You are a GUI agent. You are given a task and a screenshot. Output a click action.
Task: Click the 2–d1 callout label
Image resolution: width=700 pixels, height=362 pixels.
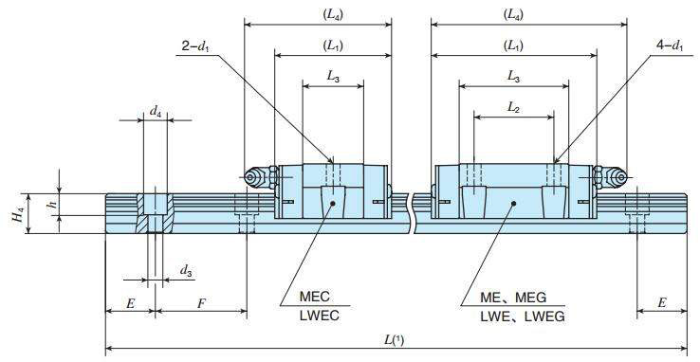(195, 46)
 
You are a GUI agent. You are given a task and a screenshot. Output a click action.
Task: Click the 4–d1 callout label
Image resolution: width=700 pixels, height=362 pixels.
(670, 45)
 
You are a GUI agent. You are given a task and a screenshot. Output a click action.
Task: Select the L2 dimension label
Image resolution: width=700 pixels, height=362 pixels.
(514, 107)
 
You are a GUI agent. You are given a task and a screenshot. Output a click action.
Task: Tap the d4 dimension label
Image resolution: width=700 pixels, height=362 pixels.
(156, 112)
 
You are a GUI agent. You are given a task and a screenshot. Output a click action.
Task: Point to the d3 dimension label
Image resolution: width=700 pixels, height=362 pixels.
(186, 271)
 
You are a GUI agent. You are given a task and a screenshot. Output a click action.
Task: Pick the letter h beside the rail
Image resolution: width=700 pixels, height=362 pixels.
(53, 205)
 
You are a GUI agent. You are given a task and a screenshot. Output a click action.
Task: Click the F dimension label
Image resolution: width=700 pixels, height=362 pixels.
(202, 303)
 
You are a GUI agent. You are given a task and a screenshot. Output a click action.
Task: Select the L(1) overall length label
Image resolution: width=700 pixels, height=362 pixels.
(395, 340)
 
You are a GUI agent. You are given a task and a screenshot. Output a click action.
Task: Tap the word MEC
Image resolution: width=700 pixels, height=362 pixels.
(314, 297)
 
